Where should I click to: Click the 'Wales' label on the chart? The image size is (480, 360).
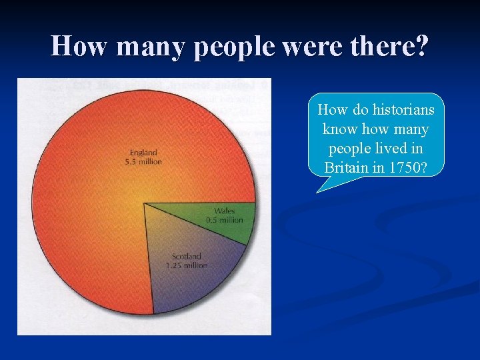click(x=225, y=211)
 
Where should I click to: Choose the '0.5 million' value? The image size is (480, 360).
click(x=225, y=220)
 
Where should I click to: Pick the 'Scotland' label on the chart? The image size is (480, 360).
click(x=186, y=257)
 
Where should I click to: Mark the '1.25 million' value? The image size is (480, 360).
click(x=187, y=265)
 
